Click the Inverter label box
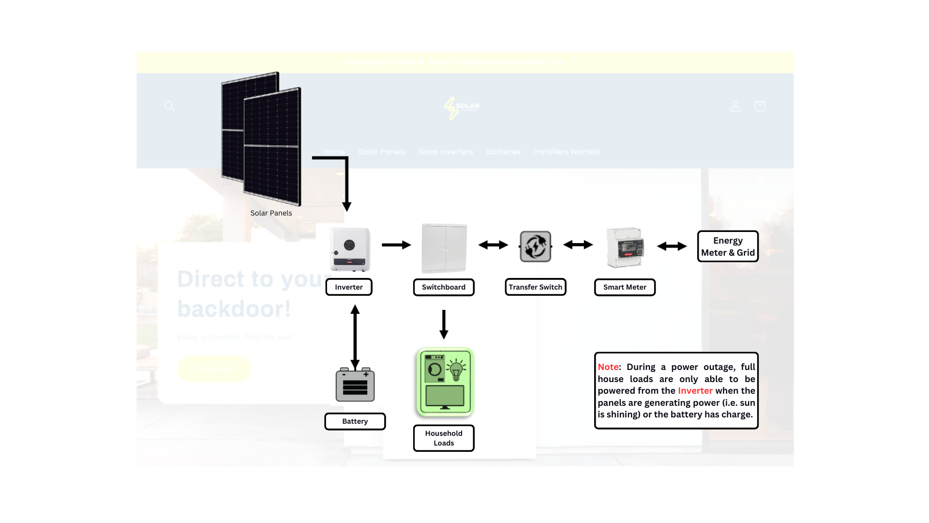[x=349, y=287]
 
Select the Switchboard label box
[x=444, y=287]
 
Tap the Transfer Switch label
[x=535, y=287]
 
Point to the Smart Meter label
[x=625, y=287]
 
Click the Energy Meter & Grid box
[x=728, y=246]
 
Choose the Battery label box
[x=355, y=421]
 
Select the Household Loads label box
[x=444, y=438]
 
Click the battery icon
[x=355, y=385]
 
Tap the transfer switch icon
[x=535, y=246]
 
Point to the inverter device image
[x=350, y=249]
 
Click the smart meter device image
[x=625, y=247]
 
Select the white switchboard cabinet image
[x=444, y=248]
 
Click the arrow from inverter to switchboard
[x=396, y=245]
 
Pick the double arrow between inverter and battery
[x=355, y=338]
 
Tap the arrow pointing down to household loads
[x=444, y=324]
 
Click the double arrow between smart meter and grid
[x=672, y=246]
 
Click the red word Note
[x=608, y=367]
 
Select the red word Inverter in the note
[x=695, y=391]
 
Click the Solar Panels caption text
[x=271, y=213]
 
